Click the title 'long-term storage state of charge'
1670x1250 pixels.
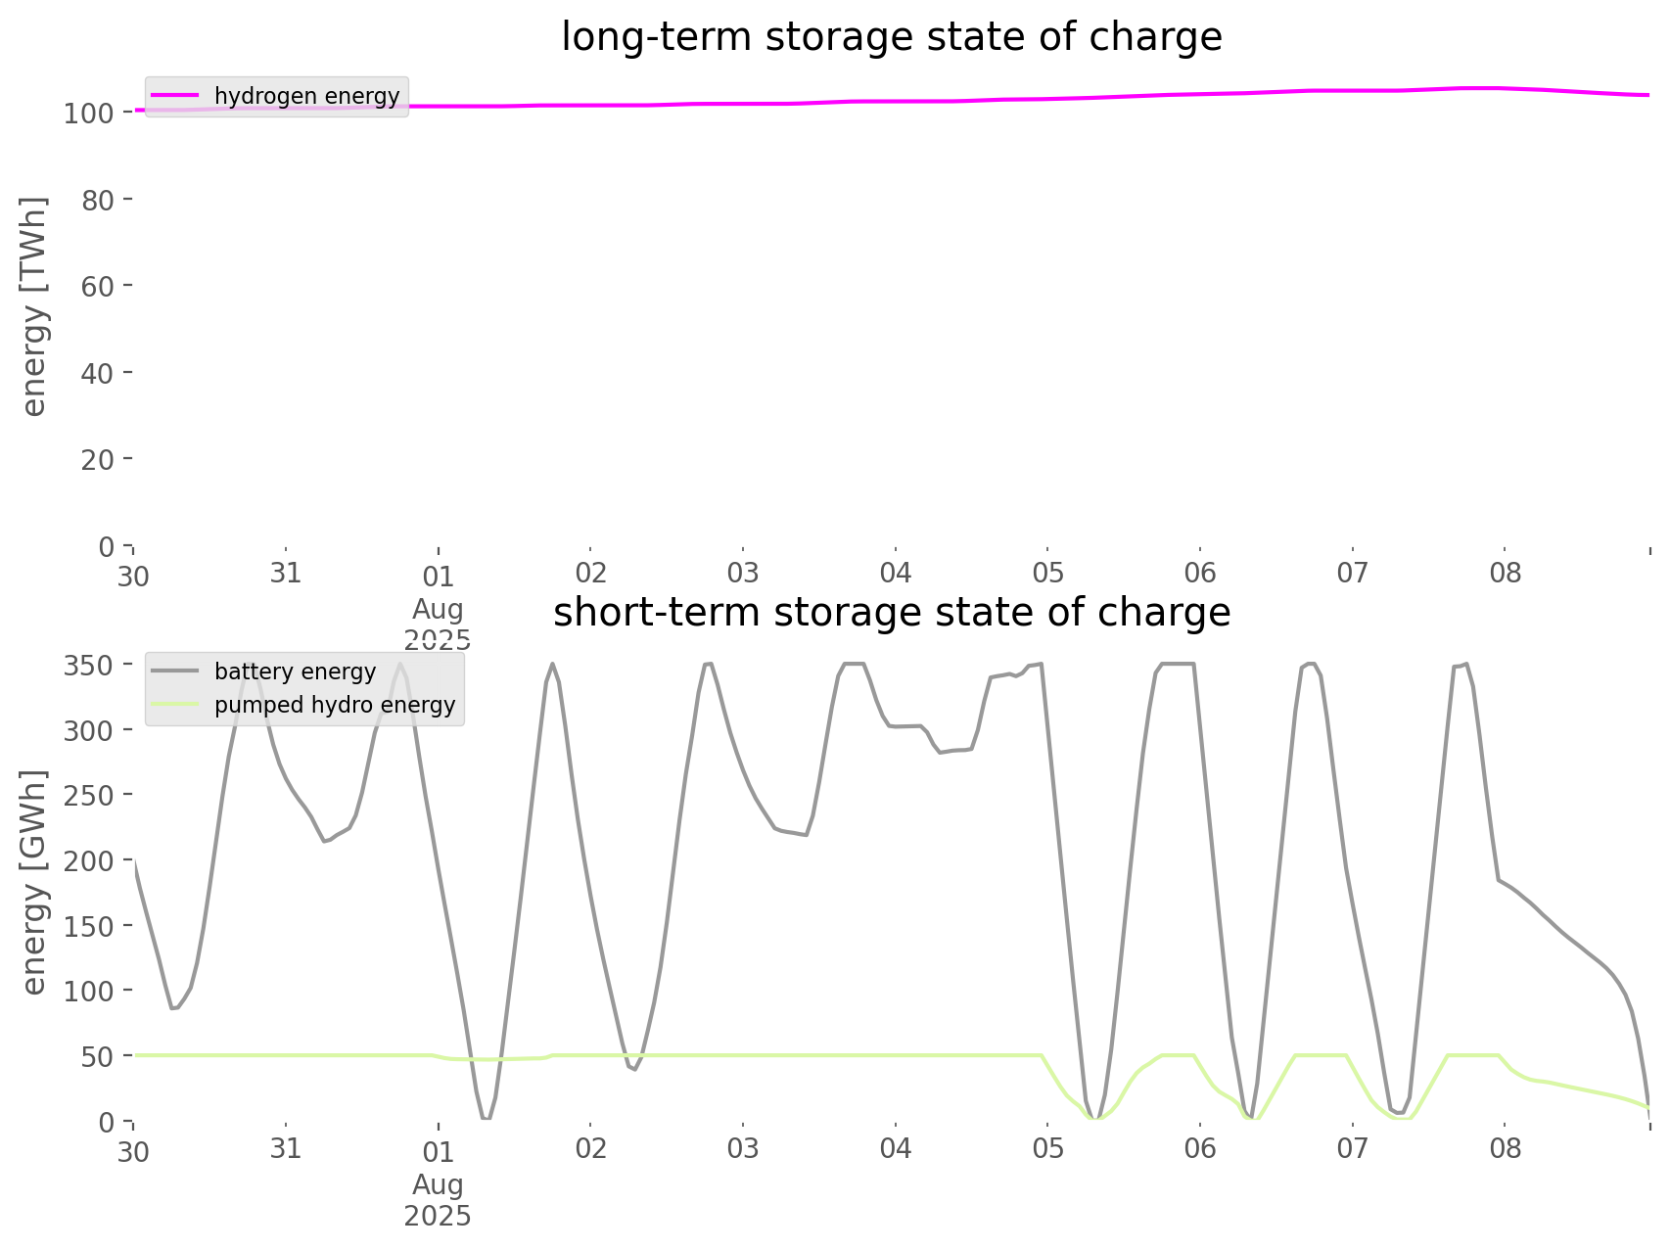[x=891, y=37]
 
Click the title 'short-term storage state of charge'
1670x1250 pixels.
[x=891, y=613]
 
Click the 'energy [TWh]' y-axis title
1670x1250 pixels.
[x=34, y=306]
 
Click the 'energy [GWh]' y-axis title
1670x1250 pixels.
[x=34, y=882]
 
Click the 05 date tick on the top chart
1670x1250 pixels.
[x=1047, y=574]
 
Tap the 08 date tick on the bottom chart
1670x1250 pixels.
[x=1506, y=1148]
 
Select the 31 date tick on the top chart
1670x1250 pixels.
[x=286, y=574]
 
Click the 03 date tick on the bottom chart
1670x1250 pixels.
[x=743, y=1148]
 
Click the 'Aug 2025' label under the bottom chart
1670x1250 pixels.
[x=438, y=1200]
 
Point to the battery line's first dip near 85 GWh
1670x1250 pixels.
[x=173, y=1009]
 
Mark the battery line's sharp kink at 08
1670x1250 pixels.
[x=1498, y=879]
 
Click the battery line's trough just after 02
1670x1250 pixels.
[x=634, y=1069]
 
